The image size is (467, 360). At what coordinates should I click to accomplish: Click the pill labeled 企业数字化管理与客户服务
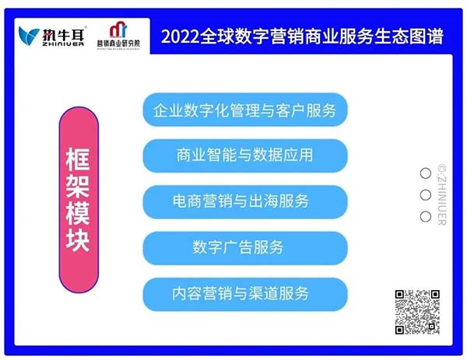click(x=245, y=110)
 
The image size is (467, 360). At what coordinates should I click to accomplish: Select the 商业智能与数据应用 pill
click(x=245, y=156)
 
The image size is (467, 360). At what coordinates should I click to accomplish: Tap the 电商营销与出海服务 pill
click(x=245, y=201)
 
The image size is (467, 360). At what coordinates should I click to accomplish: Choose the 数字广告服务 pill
click(x=245, y=248)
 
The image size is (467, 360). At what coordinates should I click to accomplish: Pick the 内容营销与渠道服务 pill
click(x=245, y=294)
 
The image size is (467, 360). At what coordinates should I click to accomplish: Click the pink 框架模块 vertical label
click(x=79, y=200)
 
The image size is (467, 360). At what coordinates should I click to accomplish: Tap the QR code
click(x=417, y=312)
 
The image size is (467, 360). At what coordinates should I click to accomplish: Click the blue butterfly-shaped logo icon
click(x=29, y=36)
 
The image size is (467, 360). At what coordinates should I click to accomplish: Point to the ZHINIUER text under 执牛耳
click(x=63, y=44)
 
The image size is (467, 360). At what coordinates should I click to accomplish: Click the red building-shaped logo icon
click(x=118, y=30)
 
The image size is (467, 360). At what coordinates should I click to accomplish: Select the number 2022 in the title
click(x=180, y=37)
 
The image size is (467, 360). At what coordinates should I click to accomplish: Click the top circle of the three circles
click(x=425, y=173)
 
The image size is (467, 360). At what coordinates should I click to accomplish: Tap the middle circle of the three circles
click(x=425, y=195)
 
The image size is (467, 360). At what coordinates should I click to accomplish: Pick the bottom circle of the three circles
click(x=425, y=216)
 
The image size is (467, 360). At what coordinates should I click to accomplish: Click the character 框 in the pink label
click(x=78, y=159)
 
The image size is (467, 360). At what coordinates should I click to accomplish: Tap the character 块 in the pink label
click(x=78, y=239)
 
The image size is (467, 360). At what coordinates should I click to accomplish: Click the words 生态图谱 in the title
click(x=409, y=37)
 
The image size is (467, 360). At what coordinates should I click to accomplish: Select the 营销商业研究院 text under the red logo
click(x=118, y=44)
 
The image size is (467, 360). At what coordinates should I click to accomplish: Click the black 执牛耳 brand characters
click(x=63, y=34)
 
